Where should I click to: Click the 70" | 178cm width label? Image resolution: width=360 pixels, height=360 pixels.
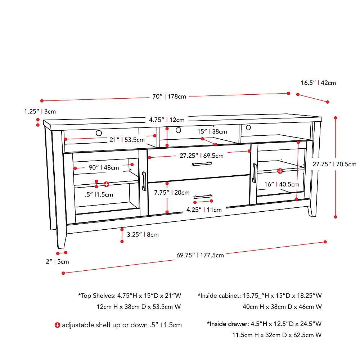coord(169,96)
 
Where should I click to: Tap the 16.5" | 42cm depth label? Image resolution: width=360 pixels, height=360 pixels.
coord(318,83)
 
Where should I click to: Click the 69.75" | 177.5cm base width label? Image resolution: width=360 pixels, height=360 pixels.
coord(200,255)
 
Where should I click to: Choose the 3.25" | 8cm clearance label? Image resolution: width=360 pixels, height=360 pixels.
coord(143,234)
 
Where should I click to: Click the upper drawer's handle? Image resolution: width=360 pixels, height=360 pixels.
coord(202,164)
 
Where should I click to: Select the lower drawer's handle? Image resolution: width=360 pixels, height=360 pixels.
coord(203,197)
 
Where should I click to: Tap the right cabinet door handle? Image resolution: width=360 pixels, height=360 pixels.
coord(254,172)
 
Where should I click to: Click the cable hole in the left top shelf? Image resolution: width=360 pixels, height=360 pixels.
coord(99,133)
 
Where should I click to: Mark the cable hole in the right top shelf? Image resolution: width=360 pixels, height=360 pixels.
coord(248,127)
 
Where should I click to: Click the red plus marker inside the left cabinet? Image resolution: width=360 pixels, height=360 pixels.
coord(106,184)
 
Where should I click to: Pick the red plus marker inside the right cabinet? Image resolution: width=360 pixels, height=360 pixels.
coord(280,170)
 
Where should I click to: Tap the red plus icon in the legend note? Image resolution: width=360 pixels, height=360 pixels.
coord(57,325)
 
